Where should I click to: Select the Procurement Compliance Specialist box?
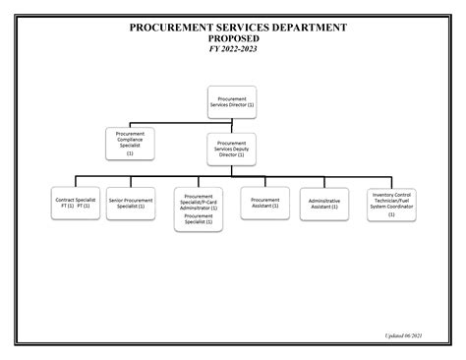[x=130, y=144]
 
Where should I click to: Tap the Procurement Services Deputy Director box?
[x=231, y=149]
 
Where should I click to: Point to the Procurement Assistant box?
[x=264, y=203]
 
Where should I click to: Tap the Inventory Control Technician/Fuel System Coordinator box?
[x=391, y=205]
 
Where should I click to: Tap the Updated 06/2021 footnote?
[x=403, y=335]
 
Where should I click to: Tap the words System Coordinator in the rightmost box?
[x=391, y=206]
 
